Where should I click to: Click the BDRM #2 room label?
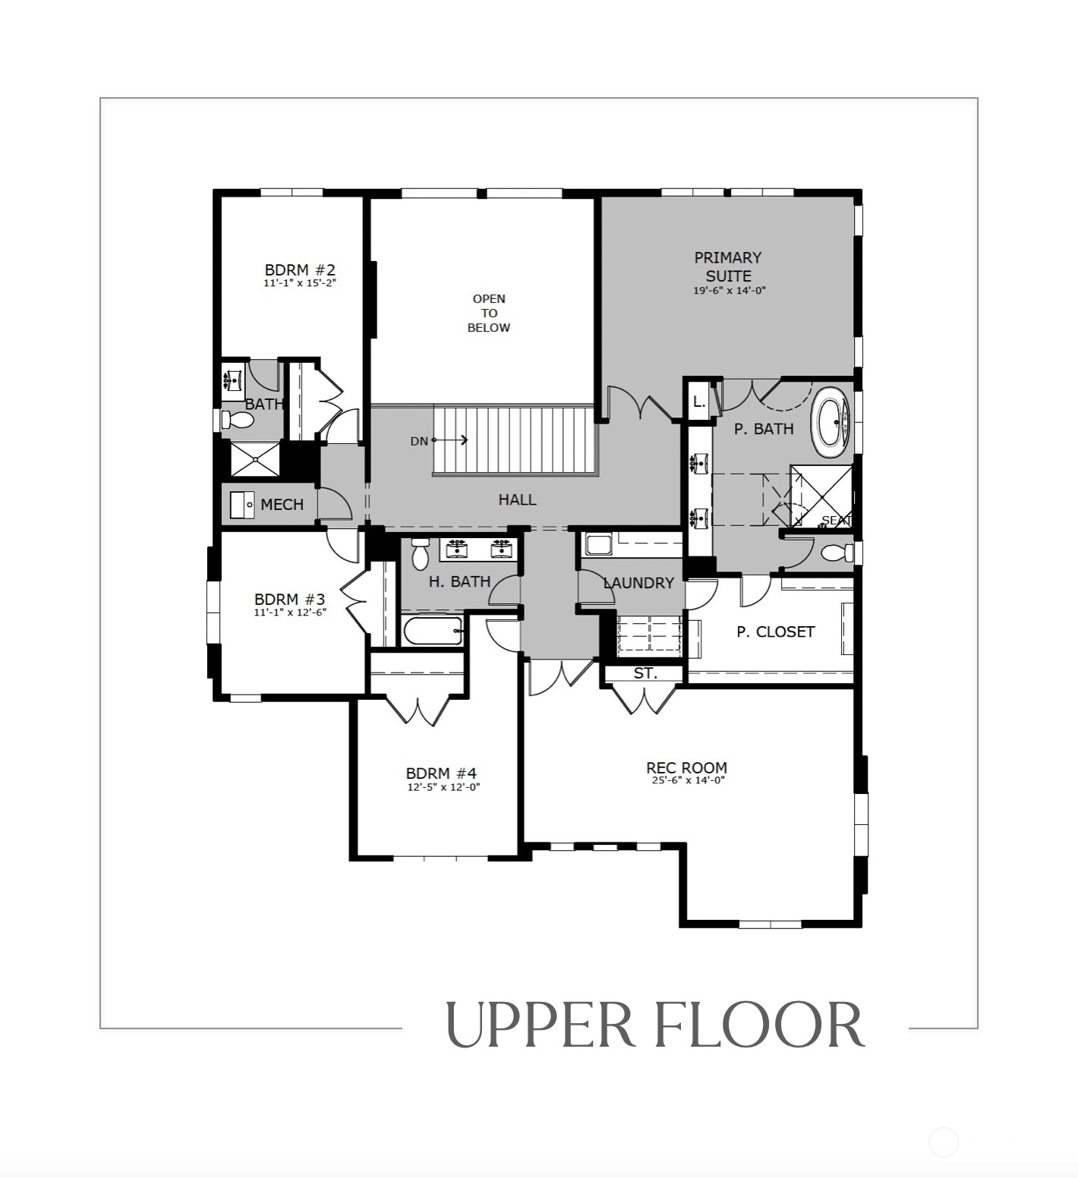[x=300, y=269]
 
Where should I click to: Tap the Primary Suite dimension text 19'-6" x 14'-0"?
[x=728, y=291]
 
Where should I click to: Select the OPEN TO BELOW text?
[x=489, y=313]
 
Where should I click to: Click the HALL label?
[x=517, y=499]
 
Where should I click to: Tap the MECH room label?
[x=282, y=505]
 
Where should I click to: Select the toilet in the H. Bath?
[x=420, y=554]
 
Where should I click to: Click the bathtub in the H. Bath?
[x=433, y=631]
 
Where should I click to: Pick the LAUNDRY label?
[x=638, y=583]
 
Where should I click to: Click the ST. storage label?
[x=645, y=673]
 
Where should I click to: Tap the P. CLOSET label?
[x=775, y=632]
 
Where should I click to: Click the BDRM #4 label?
[x=441, y=773]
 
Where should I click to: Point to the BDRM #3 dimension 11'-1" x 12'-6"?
[x=290, y=612]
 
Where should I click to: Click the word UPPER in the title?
[x=539, y=1025]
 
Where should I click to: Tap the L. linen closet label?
[x=699, y=402]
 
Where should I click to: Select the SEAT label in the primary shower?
[x=837, y=521]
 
